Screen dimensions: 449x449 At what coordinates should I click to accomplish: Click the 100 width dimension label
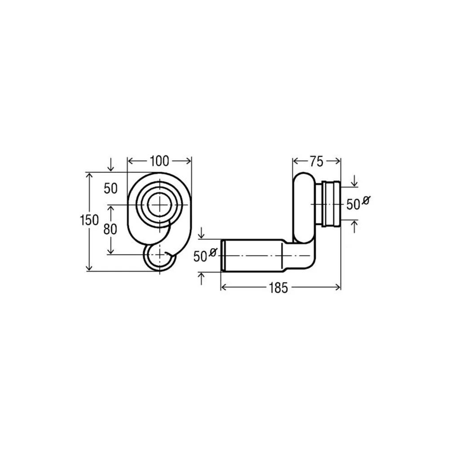pos(159,161)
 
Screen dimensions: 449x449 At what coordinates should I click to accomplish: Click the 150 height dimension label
pos(89,220)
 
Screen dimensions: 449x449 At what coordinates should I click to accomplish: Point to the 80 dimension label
pos(110,229)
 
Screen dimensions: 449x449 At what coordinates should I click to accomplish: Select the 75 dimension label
pos(316,162)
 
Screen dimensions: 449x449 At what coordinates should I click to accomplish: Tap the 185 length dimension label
pos(278,288)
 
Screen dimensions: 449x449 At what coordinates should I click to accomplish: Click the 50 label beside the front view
pos(110,189)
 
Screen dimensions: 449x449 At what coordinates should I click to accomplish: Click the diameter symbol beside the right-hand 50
pos(365,200)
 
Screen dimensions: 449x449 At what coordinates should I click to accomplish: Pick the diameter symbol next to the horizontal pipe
pos(213,252)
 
